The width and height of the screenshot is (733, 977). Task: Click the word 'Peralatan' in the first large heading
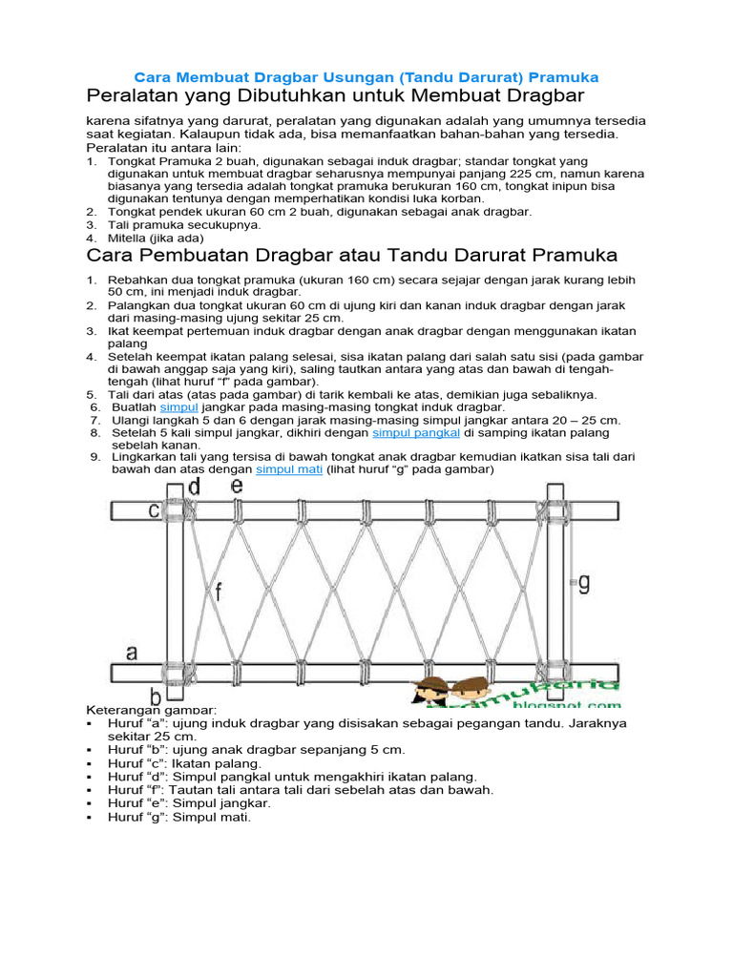coord(131,97)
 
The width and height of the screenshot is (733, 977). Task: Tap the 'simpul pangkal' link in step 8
coord(415,432)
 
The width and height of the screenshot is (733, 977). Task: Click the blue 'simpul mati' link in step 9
coord(290,469)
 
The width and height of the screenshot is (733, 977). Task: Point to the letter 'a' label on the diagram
coord(132,654)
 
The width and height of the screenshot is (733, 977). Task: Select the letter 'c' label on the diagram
coord(153,510)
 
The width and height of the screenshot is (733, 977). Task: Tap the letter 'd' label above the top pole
coord(194,488)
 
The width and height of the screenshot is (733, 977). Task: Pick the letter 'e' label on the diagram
coord(237,487)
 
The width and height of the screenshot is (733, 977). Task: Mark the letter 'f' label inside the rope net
coord(219,592)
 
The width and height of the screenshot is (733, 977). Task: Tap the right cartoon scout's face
coord(469,693)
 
